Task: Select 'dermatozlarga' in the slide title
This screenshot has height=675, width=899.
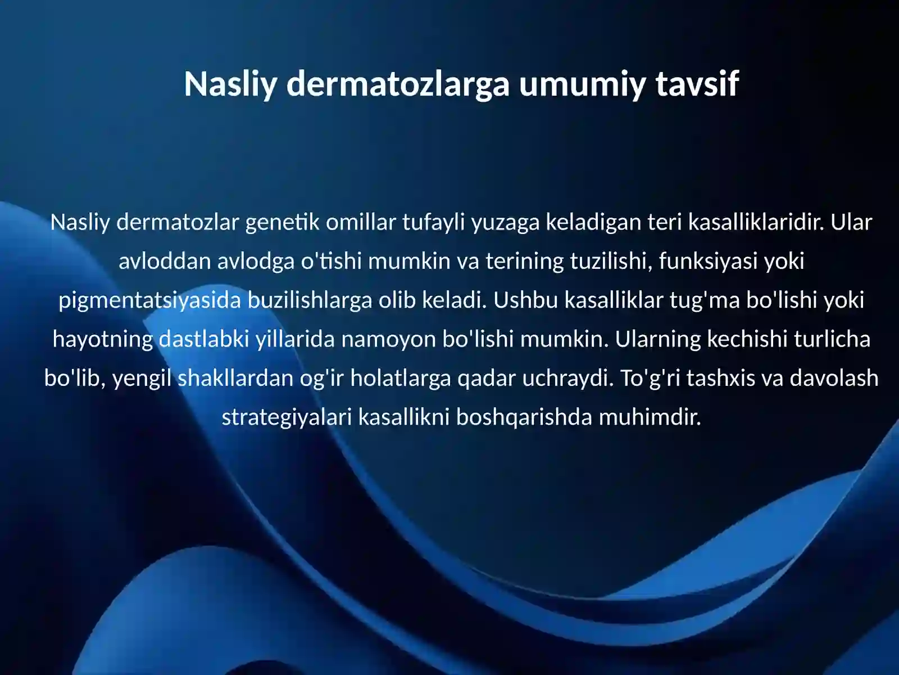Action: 398,84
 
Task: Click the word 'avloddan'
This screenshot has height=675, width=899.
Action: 164,262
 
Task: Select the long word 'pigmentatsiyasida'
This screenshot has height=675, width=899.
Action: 149,300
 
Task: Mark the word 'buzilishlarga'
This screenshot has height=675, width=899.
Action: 310,300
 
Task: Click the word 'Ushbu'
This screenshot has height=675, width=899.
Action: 525,300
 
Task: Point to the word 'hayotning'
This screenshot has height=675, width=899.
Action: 102,339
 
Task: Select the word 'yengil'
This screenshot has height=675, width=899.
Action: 142,378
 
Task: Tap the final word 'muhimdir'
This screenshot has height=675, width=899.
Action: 650,417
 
